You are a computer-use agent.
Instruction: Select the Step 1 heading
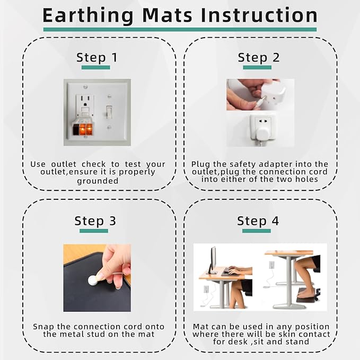tap(97, 57)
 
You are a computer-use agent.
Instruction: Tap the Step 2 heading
tap(259, 57)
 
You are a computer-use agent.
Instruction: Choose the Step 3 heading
tap(95, 221)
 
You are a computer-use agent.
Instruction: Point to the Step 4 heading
tap(258, 221)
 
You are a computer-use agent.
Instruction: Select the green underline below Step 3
tap(94, 231)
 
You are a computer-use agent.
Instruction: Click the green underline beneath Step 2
tap(259, 68)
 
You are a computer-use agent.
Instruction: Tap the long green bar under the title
tap(180, 30)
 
